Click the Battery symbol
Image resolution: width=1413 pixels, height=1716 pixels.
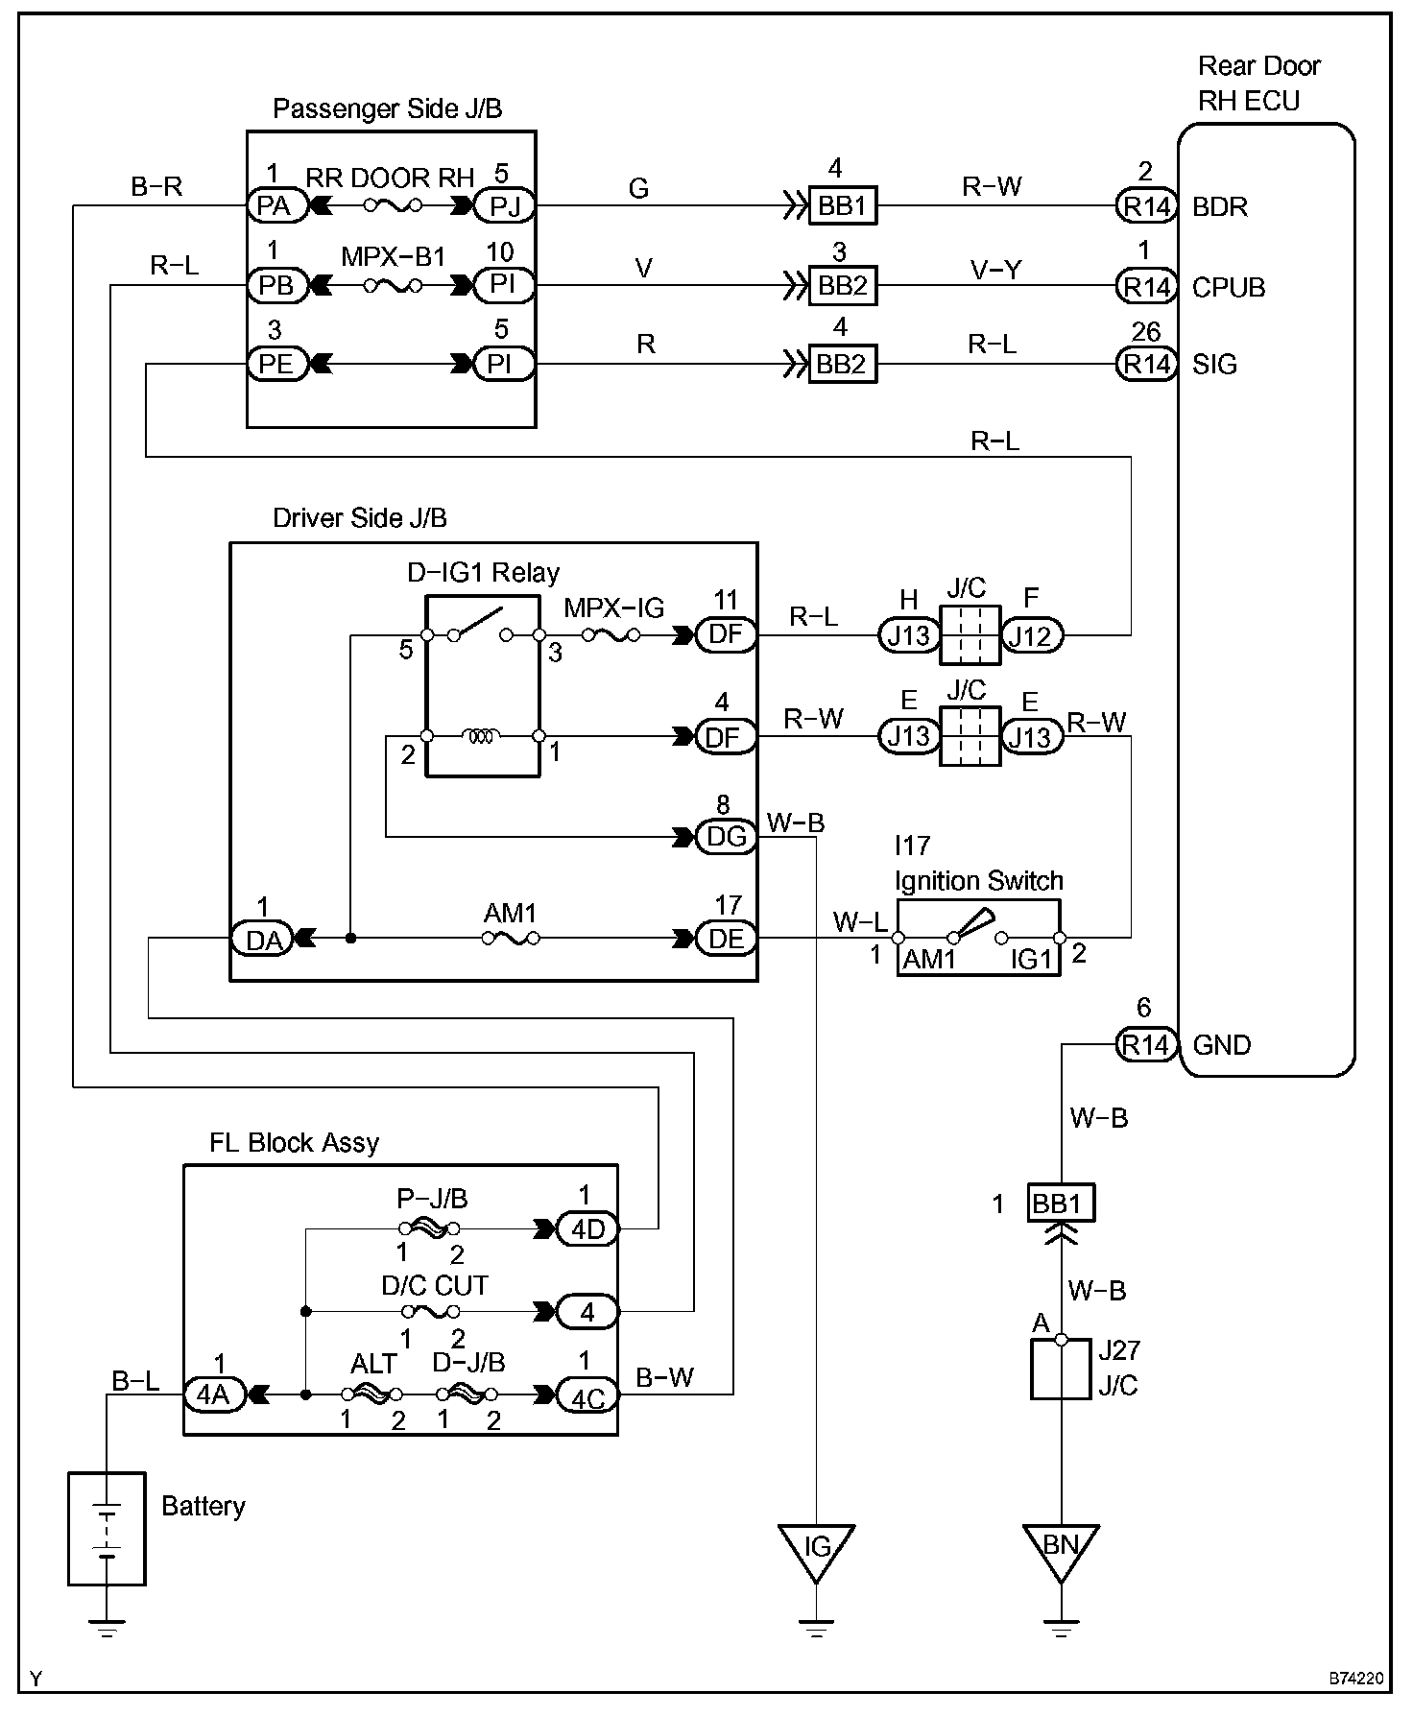[x=107, y=1530]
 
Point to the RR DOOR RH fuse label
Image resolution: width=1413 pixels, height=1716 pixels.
[x=390, y=179]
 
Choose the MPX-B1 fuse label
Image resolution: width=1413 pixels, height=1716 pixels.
[x=394, y=257]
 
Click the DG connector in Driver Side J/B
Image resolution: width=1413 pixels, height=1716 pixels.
[x=727, y=837]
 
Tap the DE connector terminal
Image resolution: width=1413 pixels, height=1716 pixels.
[x=727, y=939]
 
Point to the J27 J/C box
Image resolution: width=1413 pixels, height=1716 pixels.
[x=1061, y=1370]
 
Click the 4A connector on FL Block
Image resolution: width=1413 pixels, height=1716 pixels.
[x=213, y=1394]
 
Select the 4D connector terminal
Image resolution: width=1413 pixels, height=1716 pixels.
[x=587, y=1228]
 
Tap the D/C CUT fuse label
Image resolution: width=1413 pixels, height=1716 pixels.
[x=435, y=1285]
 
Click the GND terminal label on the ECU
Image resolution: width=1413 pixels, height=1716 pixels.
[x=1222, y=1044]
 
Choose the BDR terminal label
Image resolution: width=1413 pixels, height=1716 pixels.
[x=1220, y=206]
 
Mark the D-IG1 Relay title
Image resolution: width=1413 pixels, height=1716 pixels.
[x=483, y=573]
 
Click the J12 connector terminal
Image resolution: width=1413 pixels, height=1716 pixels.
[x=1032, y=634]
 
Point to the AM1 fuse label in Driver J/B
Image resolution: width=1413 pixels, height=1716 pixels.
[x=510, y=913]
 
